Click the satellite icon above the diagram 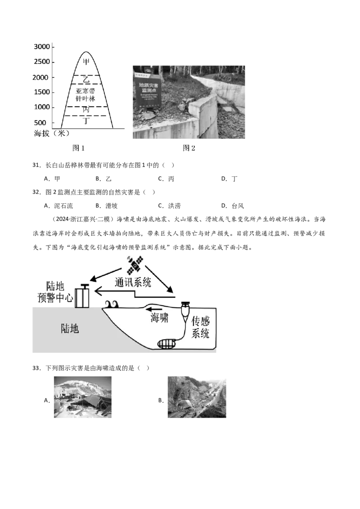(x=135, y=264)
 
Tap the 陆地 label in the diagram (x=70, y=329)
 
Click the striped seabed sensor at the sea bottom (x=167, y=344)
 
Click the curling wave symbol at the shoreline (x=111, y=304)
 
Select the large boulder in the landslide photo (x=185, y=404)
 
